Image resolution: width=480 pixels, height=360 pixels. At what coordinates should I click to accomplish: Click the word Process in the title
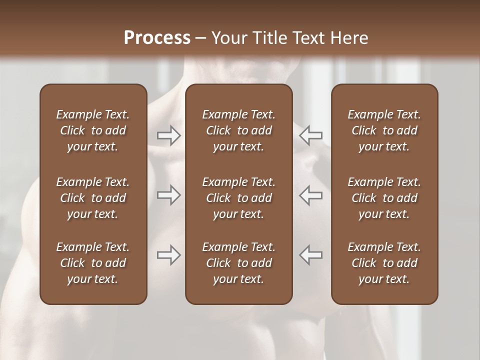(157, 38)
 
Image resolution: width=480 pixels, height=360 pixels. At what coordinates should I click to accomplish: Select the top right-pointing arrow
(169, 135)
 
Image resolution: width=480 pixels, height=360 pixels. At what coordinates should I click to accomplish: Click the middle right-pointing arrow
(169, 195)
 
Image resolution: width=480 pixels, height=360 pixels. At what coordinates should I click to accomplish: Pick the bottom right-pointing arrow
(169, 255)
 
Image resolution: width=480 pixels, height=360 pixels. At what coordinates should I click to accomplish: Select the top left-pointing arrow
(310, 135)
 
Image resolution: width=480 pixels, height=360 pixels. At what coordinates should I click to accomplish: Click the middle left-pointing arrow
(310, 195)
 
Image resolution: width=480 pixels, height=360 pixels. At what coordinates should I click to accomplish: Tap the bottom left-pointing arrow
(310, 255)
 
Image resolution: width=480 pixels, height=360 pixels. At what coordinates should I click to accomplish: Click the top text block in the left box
(93, 130)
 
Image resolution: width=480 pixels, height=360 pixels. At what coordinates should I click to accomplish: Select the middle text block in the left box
(93, 198)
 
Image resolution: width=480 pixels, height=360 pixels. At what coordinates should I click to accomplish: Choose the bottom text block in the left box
(93, 263)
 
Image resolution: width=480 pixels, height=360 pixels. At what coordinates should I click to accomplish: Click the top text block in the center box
(239, 130)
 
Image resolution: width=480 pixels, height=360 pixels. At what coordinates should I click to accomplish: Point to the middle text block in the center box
(239, 198)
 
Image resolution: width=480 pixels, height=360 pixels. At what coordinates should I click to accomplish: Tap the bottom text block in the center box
(239, 263)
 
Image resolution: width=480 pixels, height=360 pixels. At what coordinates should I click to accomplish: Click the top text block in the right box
(384, 130)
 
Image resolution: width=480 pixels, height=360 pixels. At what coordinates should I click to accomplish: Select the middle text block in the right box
(384, 198)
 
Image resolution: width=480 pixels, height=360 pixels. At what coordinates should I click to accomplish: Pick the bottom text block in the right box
(384, 263)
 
